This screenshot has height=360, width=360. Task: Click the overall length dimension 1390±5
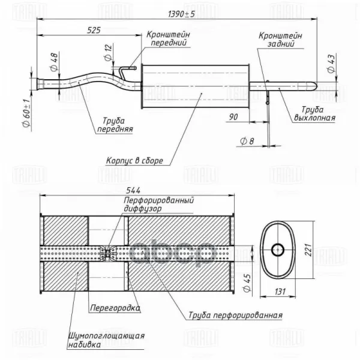[181, 14]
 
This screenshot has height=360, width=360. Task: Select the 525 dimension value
[94, 30]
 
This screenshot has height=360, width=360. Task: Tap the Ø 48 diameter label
[54, 62]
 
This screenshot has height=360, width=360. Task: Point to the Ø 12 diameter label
[109, 52]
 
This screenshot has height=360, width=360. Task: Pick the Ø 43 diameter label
[331, 64]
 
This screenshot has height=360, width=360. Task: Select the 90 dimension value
[233, 117]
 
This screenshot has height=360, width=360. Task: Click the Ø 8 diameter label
[247, 141]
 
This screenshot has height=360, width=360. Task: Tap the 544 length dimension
[133, 190]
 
